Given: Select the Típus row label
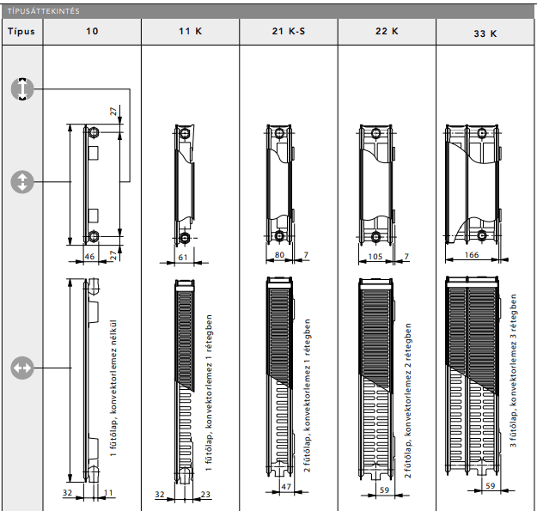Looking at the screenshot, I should point(21,31).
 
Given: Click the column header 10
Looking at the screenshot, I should point(92,31).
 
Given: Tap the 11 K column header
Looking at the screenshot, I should point(191,31).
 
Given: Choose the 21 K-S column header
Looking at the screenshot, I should point(289,31).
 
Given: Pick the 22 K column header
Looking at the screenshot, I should point(387,31).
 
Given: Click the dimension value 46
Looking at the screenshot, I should point(90,256).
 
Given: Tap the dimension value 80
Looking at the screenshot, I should point(278,255).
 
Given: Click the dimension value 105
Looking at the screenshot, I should point(375,256).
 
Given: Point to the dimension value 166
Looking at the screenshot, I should point(471,256).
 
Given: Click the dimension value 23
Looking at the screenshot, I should point(204,494).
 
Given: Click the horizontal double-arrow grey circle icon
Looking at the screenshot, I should point(21,368).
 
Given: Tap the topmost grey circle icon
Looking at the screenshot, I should point(21,88).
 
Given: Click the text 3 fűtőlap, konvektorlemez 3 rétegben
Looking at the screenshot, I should point(514,370).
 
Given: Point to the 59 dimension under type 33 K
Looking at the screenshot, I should point(489,487).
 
